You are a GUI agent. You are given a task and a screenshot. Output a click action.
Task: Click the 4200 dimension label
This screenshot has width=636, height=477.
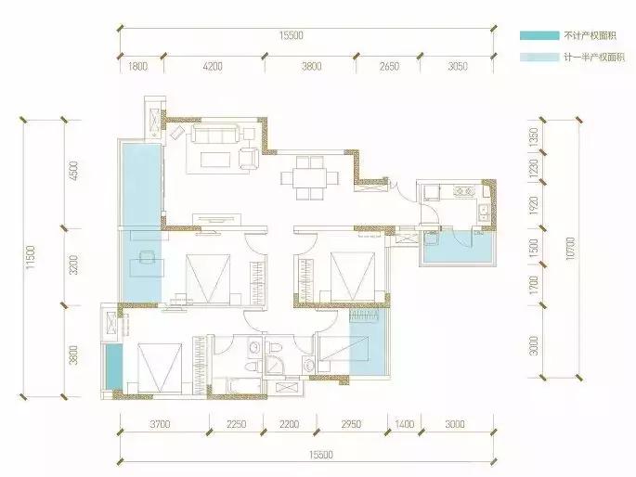coord(213,66)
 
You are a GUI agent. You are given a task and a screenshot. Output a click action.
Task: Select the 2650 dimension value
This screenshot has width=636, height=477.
coord(389,66)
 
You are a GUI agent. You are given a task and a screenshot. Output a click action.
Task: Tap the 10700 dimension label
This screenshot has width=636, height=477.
coord(570,248)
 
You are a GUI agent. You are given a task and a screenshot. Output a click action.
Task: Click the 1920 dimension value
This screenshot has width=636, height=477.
coord(534,206)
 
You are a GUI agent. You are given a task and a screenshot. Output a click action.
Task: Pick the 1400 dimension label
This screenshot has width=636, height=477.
coord(405,424)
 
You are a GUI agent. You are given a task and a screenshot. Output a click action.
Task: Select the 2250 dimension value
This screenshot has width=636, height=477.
coord(236,424)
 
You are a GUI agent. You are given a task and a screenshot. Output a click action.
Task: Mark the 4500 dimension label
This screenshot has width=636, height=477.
coord(73,171)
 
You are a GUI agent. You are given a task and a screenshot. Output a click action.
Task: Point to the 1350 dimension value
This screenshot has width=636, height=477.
coord(534,137)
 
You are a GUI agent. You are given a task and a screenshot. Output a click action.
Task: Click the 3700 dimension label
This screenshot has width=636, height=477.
coord(160,424)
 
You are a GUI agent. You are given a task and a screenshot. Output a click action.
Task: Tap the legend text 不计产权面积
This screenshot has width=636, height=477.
coord(591,35)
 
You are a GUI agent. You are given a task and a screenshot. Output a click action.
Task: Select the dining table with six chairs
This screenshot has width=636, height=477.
coord(310,178)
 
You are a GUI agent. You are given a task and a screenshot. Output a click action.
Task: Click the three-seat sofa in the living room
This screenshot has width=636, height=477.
coord(215,134)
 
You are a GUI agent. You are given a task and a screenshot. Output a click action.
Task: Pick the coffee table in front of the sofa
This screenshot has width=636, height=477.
coord(215,160)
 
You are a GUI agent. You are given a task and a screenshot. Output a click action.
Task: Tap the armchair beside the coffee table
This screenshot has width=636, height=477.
coord(248,157)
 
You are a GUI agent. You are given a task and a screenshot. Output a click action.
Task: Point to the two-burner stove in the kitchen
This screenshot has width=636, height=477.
coord(464,190)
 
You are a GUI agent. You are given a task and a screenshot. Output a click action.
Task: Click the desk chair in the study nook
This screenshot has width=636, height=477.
coord(147,257)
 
